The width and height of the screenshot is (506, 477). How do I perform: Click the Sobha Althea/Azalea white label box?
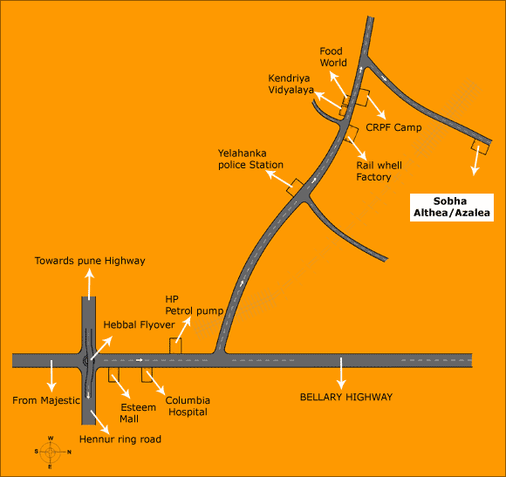pos(451,208)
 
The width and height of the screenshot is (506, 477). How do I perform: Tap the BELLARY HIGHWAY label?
pos(346,397)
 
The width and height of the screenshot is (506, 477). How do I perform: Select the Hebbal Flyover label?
pos(139,324)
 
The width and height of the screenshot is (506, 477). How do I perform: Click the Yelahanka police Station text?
pos(250,159)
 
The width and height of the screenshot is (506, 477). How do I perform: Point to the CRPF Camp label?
pos(393,127)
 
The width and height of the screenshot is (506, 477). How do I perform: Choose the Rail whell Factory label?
pos(379,171)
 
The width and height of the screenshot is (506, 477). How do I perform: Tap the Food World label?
pos(333,57)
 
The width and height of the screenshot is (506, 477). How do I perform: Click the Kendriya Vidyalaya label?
pos(291,84)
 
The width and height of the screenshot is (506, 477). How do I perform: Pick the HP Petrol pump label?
pos(194,305)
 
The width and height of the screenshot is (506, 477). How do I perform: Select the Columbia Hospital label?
pos(188,406)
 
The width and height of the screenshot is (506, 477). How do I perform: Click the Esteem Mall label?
pos(138,413)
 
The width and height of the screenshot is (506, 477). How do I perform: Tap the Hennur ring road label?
pos(120,440)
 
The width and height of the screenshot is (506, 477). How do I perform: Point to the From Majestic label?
pos(46,400)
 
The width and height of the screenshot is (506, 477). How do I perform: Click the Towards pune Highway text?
pos(90,261)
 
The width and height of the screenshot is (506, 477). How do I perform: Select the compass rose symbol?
pos(51,453)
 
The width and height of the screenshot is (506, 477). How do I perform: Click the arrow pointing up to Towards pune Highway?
pos(89,284)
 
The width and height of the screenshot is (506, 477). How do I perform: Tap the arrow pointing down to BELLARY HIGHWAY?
pos(341,373)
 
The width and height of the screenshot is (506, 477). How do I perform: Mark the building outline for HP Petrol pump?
pos(175,345)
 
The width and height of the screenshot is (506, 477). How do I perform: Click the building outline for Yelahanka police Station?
pos(295,187)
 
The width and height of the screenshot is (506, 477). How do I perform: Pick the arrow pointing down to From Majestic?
pos(51,376)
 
